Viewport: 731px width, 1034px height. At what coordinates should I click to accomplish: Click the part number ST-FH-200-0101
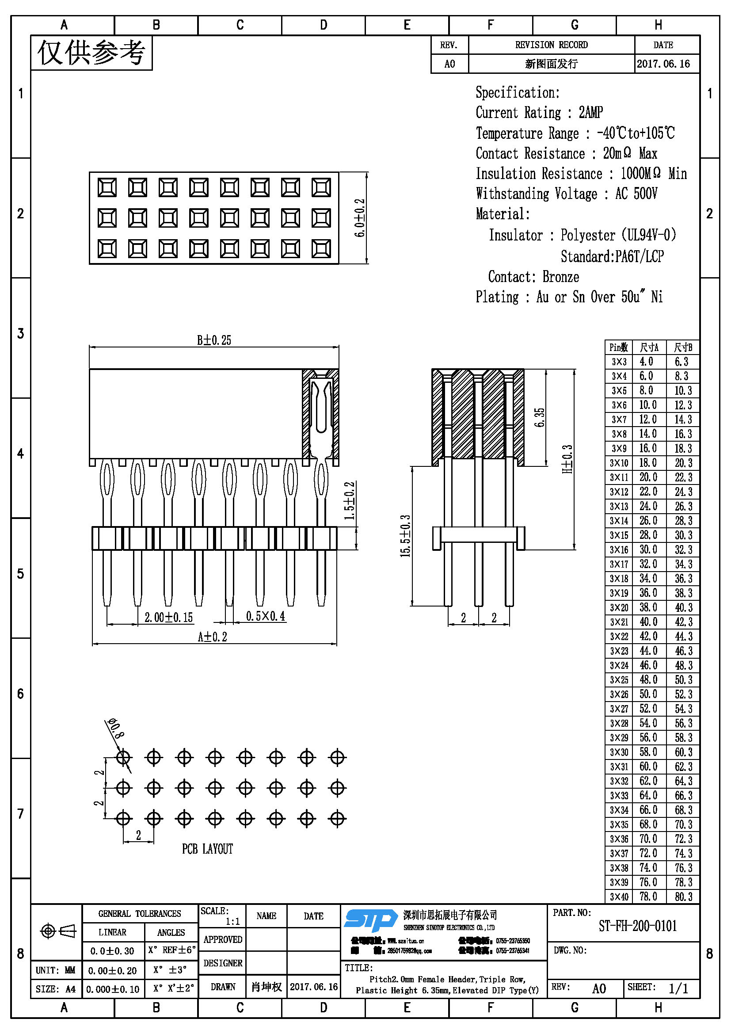pos(637,926)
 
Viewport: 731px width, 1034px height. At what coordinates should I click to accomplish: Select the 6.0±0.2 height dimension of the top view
pos(360,218)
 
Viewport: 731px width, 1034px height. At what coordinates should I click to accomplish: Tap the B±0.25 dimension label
pos(214,340)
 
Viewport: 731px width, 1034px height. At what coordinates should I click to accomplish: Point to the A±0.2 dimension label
pos(213,637)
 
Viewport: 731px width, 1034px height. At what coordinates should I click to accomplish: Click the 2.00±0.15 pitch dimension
pos(168,617)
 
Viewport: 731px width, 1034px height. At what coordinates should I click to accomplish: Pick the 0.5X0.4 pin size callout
pos(266,616)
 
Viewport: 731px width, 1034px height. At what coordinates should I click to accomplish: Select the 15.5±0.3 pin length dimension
pos(405,536)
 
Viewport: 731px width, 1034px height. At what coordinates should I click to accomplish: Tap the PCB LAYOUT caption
pos(208,849)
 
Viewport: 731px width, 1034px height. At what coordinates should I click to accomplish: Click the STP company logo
pos(371,920)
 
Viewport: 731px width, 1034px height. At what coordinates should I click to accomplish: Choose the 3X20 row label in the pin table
pos(619,607)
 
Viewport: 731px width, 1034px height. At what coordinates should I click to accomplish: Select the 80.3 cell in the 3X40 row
pos(683,897)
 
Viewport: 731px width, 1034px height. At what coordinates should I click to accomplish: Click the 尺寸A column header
pos(649,347)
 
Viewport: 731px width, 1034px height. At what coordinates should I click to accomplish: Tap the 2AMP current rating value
pos(590,112)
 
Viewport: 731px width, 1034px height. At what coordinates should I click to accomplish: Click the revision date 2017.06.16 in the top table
pos(663,64)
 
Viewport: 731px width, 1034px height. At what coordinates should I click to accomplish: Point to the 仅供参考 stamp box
pos(91,53)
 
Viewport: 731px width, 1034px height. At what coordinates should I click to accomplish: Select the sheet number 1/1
pos(678,988)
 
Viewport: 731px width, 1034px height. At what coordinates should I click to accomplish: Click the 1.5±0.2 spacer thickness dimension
pos(350,500)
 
